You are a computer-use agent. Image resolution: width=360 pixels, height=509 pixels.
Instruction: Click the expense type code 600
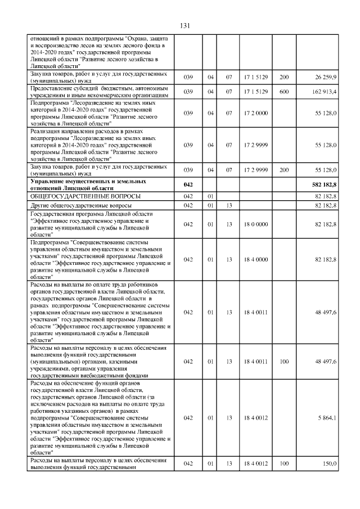coord(284,92)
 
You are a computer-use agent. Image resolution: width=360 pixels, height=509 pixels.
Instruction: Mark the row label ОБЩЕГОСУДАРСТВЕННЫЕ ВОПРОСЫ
coord(85,196)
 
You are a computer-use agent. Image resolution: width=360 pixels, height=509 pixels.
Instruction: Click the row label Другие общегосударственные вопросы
coord(80,206)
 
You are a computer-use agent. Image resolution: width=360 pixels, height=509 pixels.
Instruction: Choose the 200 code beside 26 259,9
coord(284,76)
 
